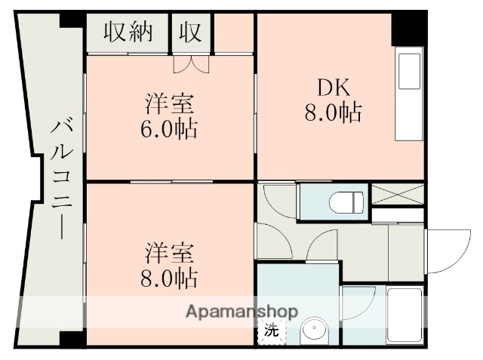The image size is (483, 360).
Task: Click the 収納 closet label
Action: tap(128, 32)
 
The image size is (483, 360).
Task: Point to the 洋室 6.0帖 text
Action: tap(170, 115)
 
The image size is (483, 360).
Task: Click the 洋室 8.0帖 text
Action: tap(170, 264)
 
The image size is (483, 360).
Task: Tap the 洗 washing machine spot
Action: tap(271, 331)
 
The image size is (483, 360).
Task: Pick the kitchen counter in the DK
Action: tap(409, 94)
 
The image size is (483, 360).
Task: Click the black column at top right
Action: tap(408, 29)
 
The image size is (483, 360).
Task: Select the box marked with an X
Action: tap(397, 194)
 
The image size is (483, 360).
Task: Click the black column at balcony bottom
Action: tap(72, 337)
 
